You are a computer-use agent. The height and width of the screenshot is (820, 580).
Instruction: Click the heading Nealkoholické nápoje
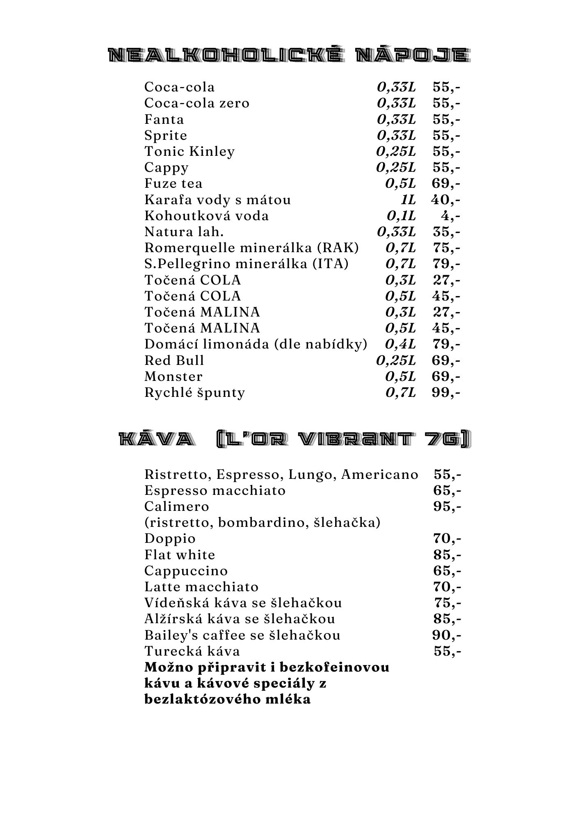(x=289, y=55)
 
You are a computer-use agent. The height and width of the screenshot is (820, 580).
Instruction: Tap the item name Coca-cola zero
(x=197, y=103)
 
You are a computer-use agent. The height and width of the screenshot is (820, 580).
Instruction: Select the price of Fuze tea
(x=446, y=183)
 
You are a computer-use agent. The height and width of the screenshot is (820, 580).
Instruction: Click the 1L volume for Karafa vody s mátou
(x=408, y=200)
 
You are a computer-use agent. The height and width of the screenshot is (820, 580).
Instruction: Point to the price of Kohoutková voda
(x=450, y=216)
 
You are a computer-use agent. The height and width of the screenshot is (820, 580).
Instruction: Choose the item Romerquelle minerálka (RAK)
(x=251, y=248)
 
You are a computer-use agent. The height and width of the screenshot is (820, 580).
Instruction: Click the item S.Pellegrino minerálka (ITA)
(x=246, y=264)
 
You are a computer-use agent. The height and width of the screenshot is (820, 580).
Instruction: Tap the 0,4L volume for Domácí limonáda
(x=400, y=344)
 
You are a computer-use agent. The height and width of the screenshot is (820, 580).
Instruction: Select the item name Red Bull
(x=174, y=360)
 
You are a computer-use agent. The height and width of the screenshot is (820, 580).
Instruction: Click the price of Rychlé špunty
(x=446, y=392)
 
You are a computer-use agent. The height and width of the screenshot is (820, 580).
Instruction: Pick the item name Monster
(x=174, y=376)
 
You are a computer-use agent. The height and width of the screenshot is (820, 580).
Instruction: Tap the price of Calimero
(x=447, y=506)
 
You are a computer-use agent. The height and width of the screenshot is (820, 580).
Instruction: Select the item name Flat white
(x=180, y=555)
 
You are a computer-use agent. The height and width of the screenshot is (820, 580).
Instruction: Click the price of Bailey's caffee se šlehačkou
(x=447, y=635)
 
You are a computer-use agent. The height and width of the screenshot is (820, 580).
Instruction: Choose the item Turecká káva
(x=192, y=651)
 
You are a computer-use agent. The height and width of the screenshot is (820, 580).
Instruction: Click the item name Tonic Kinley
(x=190, y=151)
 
